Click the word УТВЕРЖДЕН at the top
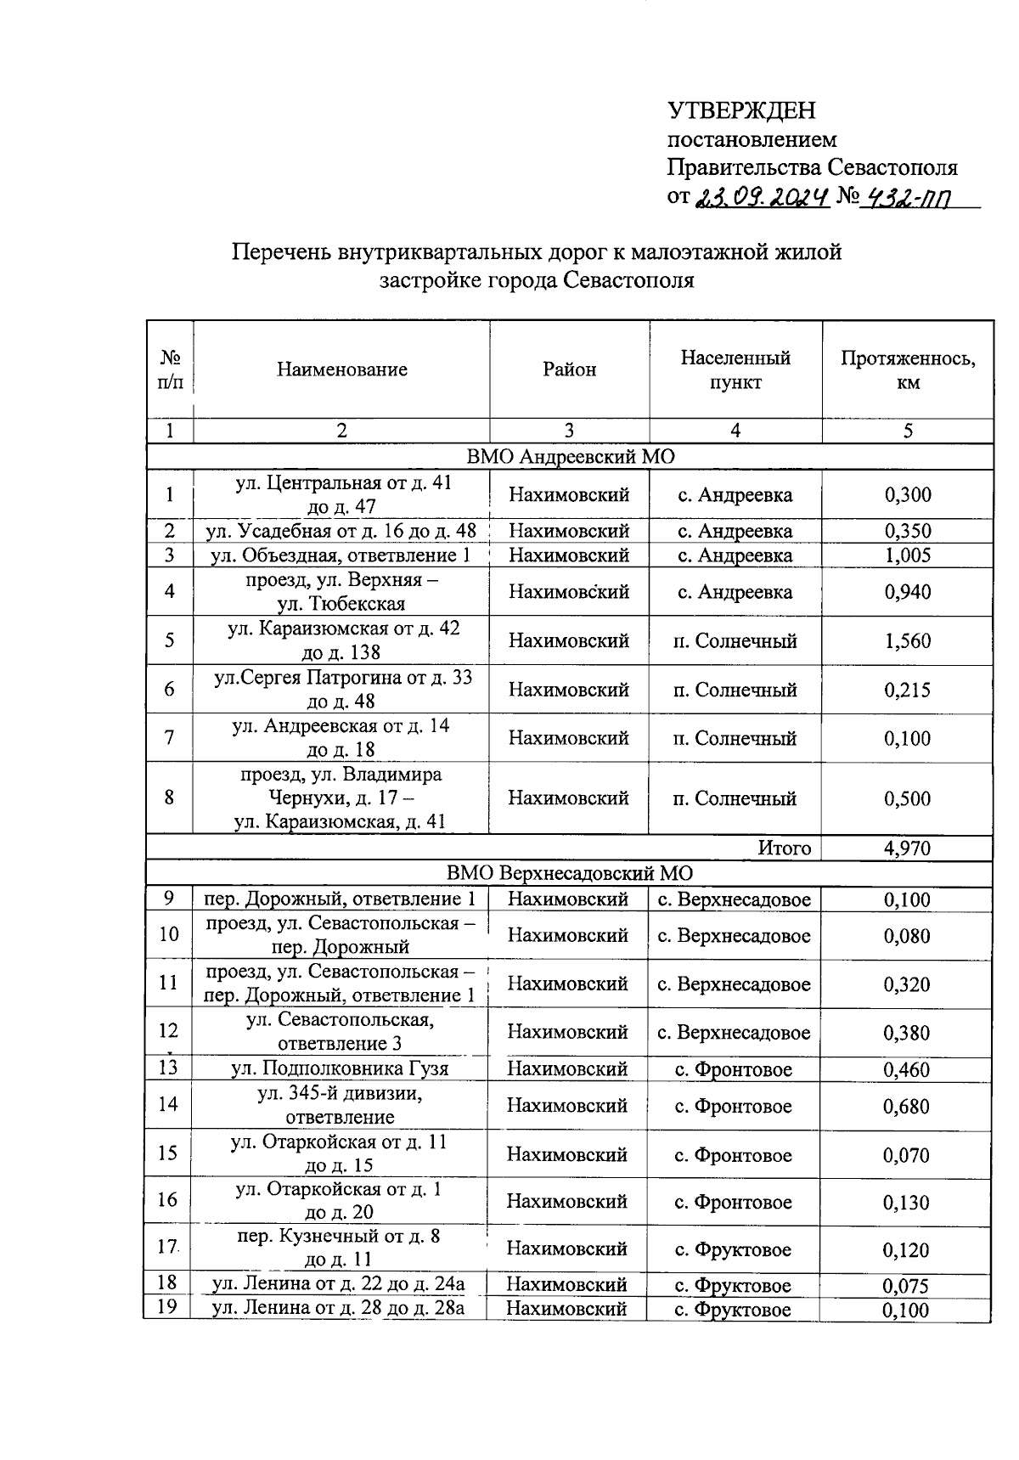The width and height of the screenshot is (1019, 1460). (741, 111)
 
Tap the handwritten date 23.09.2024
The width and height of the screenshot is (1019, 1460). (761, 198)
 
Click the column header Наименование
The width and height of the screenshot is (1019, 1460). (341, 369)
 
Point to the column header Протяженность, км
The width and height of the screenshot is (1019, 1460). (908, 370)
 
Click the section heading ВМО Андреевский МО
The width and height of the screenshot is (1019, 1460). (570, 457)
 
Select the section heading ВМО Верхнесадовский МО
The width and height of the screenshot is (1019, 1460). (570, 873)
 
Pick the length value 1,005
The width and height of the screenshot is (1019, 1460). (907, 555)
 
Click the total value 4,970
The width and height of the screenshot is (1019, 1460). (907, 848)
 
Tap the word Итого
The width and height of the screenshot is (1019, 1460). (784, 848)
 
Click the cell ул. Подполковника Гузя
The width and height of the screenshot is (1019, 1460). (340, 1068)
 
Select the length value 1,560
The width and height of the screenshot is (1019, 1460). (907, 641)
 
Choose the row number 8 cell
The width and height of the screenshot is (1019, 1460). (170, 798)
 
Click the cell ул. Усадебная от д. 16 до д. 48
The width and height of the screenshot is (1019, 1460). (341, 532)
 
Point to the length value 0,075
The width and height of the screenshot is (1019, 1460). (905, 1286)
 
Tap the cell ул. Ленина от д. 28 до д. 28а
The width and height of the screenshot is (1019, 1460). (338, 1308)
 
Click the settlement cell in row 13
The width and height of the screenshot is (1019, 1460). (734, 1069)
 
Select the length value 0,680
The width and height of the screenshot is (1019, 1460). (906, 1107)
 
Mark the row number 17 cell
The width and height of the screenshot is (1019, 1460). (167, 1248)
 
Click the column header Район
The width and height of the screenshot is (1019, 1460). (570, 369)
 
